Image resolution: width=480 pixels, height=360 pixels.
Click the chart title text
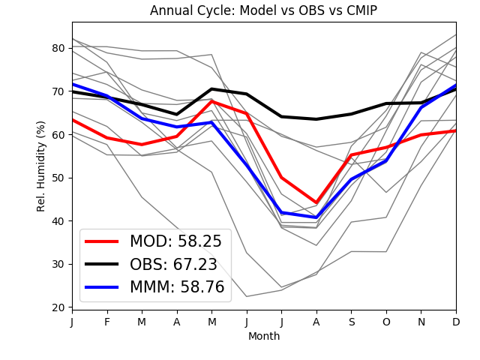point(263,10)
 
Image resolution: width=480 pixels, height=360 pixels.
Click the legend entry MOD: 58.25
point(175,241)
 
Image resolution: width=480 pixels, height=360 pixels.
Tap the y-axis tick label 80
point(58,48)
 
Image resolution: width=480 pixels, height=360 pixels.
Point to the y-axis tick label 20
point(58,307)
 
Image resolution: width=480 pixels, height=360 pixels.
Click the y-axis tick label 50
point(58,178)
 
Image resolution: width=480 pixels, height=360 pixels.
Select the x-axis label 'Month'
point(263,337)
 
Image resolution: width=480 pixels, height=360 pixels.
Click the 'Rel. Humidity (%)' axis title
point(42,166)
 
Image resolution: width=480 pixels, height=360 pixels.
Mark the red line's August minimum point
point(316,203)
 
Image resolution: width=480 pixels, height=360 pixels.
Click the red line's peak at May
point(211,100)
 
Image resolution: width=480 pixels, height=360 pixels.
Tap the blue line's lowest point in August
point(316,217)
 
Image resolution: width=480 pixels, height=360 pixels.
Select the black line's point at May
point(211,89)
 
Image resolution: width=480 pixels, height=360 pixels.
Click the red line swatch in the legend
point(102,241)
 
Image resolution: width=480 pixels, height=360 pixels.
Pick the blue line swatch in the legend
point(102,287)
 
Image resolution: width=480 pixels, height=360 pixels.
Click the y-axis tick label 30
point(58,264)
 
